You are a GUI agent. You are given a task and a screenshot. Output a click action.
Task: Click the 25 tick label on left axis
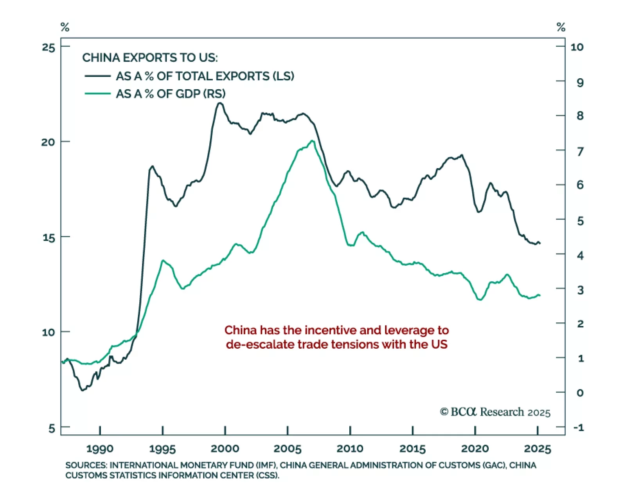[49, 47]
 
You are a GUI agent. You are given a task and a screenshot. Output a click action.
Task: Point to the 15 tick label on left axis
[49, 238]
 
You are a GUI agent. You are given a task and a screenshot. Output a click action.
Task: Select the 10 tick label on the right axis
[577, 47]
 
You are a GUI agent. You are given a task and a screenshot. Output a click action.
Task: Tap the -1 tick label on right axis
[579, 427]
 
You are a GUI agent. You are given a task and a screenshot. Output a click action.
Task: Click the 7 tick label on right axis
[580, 151]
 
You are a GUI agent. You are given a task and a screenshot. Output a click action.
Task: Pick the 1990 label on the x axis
[100, 448]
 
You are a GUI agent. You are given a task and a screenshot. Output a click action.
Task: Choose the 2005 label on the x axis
[288, 448]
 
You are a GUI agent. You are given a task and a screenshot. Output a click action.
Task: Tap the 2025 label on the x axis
[537, 448]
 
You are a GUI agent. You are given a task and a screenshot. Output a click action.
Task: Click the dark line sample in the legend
[97, 76]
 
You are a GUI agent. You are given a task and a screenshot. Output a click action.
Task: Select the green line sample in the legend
[97, 94]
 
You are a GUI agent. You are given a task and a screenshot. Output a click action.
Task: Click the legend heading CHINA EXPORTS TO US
[150, 58]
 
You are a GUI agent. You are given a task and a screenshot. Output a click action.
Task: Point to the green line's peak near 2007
[312, 141]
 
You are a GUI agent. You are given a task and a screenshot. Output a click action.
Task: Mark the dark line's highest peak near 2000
[220, 103]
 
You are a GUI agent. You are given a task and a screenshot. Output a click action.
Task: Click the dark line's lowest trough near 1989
[83, 390]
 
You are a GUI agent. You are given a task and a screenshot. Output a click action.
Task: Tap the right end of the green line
[540, 295]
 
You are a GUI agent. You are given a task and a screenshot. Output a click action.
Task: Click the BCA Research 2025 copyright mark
[495, 412]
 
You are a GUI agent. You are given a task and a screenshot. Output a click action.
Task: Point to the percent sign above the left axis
[65, 27]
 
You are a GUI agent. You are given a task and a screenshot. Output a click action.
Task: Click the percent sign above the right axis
[561, 27]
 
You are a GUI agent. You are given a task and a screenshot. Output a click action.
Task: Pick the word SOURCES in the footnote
[86, 465]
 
